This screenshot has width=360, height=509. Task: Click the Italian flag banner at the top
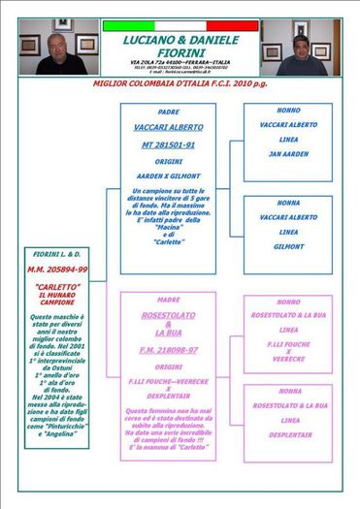point(180,25)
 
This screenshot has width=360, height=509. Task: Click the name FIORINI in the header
point(180,52)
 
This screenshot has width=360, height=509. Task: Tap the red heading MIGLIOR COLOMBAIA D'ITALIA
point(180,84)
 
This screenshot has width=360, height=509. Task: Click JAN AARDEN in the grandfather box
point(288,154)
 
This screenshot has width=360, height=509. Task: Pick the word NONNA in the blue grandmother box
point(288,204)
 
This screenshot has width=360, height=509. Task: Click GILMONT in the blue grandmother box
point(288,247)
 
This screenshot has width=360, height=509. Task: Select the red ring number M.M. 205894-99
point(57,269)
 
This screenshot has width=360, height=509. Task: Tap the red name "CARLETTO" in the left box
point(57,288)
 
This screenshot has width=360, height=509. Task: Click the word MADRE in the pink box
point(168,301)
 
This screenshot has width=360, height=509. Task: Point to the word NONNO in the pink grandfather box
point(288,302)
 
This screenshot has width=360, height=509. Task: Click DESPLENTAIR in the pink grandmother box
point(288,435)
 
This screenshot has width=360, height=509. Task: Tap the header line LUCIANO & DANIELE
point(180,40)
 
